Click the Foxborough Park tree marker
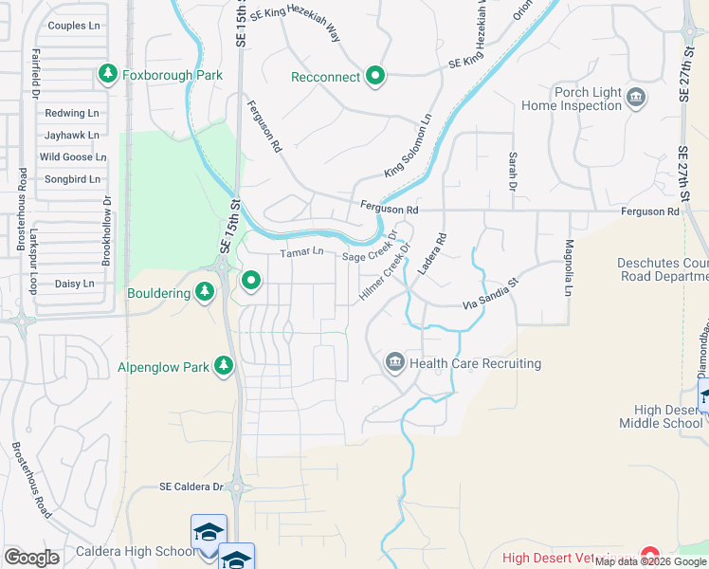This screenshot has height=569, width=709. pyautogui.click(x=107, y=73)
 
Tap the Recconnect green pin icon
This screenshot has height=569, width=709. pyautogui.click(x=375, y=76)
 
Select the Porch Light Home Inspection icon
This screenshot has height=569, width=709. pyautogui.click(x=636, y=95)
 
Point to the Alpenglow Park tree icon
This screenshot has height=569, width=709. pyautogui.click(x=224, y=366)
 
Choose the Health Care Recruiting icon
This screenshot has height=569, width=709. pyautogui.click(x=394, y=362)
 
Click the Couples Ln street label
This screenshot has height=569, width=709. pyautogui.click(x=72, y=26)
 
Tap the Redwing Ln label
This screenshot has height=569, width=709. pyautogui.click(x=72, y=113)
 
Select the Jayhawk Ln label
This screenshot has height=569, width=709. pyautogui.click(x=72, y=136)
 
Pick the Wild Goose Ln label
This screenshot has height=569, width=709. pyautogui.click(x=72, y=157)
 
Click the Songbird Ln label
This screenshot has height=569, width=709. pyautogui.click(x=72, y=179)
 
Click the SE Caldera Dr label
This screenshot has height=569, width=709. pyautogui.click(x=191, y=486)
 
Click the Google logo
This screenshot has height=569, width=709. pyautogui.click(x=31, y=558)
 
